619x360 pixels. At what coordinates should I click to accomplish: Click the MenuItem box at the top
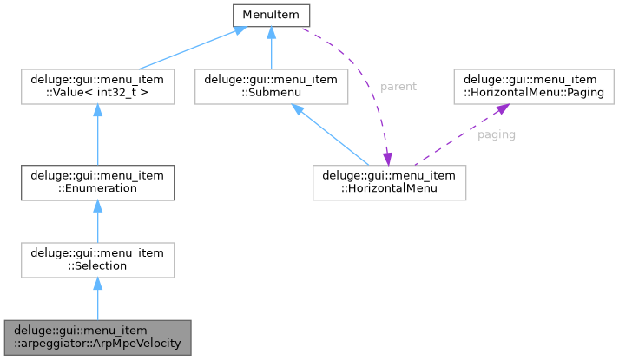[272, 15]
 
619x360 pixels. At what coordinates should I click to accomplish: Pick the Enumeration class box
[97, 180]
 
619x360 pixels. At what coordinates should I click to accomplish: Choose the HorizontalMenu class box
[390, 180]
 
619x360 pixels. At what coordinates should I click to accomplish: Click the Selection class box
[97, 259]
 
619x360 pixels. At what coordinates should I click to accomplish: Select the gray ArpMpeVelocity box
[97, 337]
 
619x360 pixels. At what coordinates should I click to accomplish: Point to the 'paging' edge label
[496, 135]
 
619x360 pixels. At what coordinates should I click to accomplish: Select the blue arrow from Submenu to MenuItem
[272, 49]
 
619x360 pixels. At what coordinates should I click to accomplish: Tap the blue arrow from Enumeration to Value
[97, 134]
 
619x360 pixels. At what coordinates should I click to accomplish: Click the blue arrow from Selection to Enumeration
[97, 219]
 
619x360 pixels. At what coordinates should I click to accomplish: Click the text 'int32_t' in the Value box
[115, 95]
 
